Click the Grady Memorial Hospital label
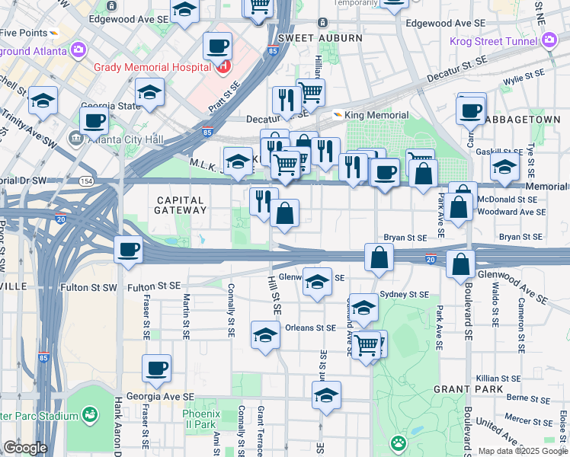click(152, 67)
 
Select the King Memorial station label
click(367, 115)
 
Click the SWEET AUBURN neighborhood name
click(308, 37)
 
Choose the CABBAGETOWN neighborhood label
click(527, 120)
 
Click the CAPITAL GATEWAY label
click(180, 206)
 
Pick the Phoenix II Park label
click(201, 419)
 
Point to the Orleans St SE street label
click(310, 328)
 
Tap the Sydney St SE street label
click(405, 294)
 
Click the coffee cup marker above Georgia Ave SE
click(157, 369)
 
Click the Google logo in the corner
click(25, 448)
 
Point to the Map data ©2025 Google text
click(522, 451)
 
